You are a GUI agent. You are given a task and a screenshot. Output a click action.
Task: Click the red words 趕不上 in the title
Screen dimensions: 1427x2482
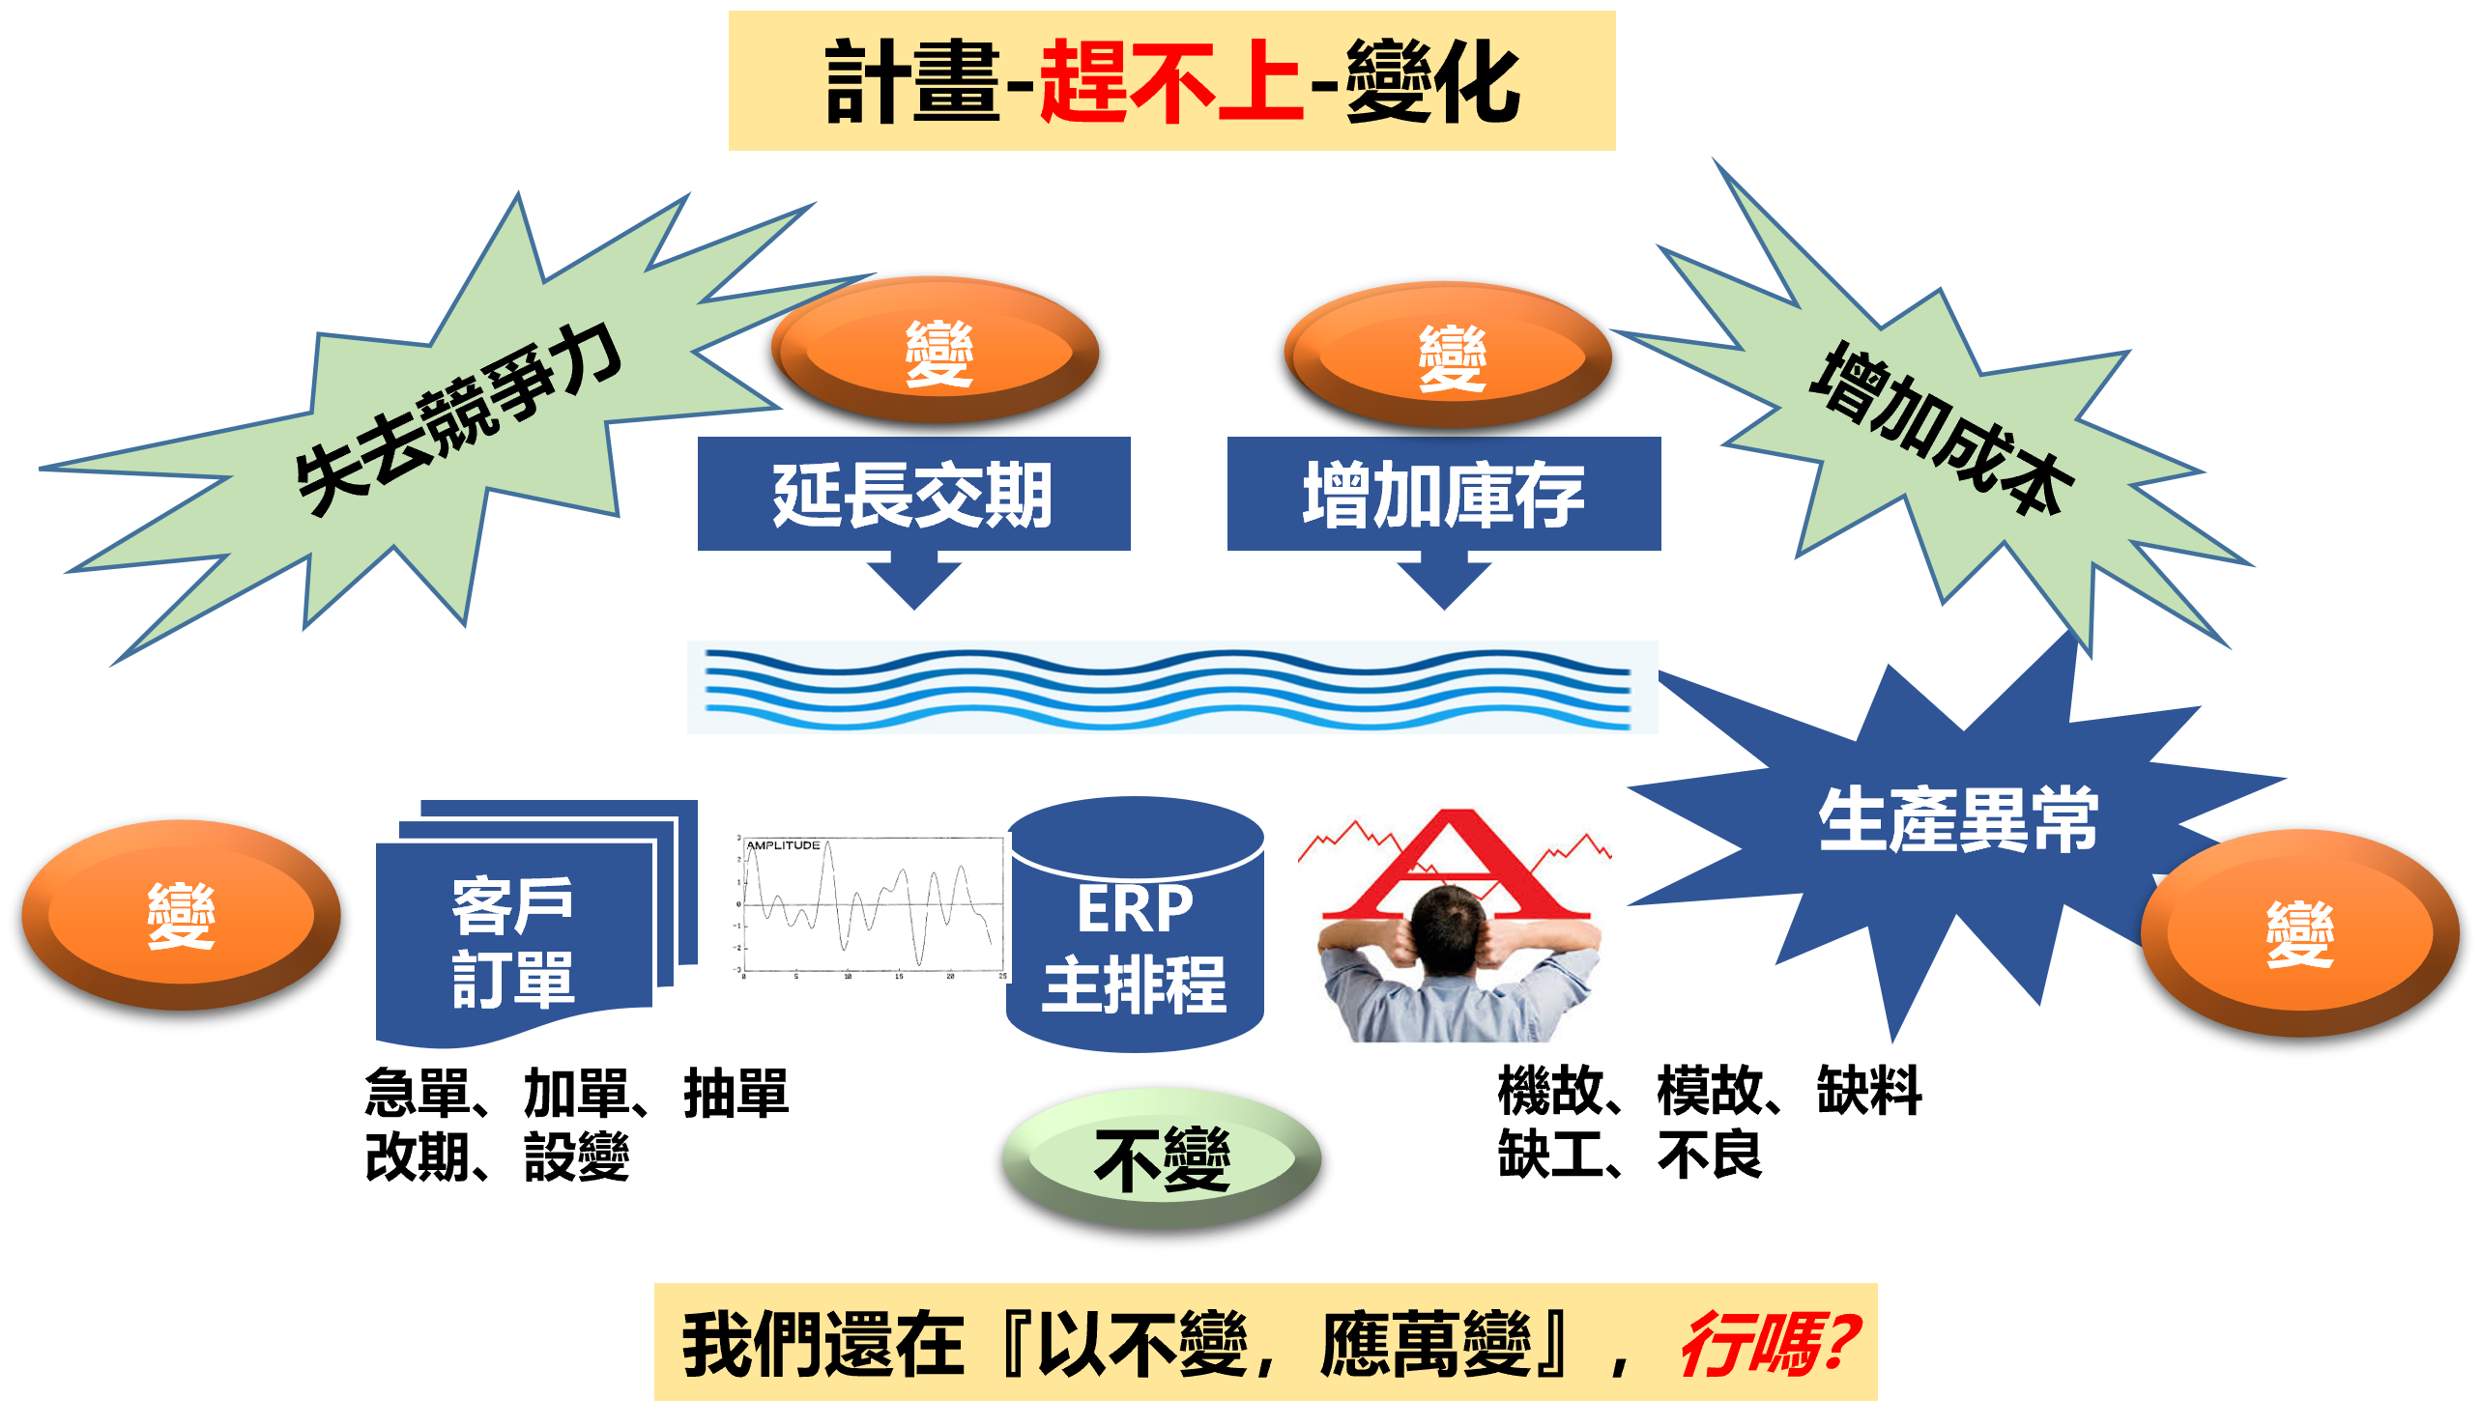click(x=1170, y=82)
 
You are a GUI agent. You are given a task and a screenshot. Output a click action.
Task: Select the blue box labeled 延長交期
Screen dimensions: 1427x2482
click(x=913, y=494)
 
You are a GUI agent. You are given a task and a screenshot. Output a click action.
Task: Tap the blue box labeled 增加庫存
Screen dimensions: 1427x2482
click(x=1443, y=494)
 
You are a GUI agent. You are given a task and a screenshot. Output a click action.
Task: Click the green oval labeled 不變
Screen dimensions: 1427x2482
click(x=1162, y=1159)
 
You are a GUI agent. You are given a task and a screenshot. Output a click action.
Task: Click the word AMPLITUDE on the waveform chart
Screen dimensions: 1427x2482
click(x=782, y=844)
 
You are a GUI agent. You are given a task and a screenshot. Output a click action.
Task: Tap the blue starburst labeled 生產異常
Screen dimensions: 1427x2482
click(x=1956, y=821)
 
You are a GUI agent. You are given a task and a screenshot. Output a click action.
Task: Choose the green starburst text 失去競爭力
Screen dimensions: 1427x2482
click(x=458, y=418)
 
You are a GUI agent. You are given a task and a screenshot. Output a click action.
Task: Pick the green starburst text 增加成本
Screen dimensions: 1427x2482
click(x=1941, y=428)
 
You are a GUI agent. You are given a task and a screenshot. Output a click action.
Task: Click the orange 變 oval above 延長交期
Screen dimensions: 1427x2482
click(x=938, y=351)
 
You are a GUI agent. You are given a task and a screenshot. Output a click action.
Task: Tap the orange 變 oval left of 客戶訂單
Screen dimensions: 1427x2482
click(x=181, y=914)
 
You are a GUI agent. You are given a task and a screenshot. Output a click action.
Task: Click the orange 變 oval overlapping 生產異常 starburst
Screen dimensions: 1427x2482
click(x=2298, y=933)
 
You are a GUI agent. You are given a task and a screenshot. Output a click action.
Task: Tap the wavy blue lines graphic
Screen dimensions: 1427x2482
click(x=1171, y=688)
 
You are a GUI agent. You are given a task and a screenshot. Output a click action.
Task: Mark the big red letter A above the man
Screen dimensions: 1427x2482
click(x=1456, y=863)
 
